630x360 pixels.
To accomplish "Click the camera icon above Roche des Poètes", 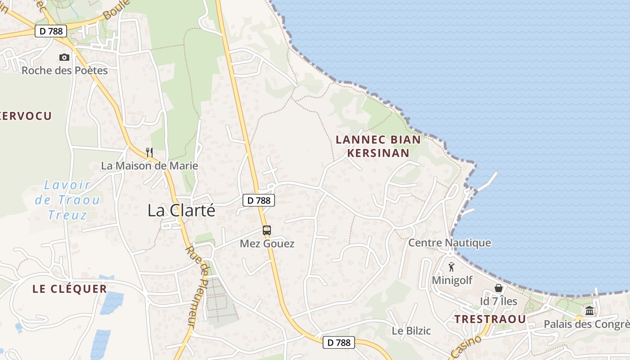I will click(x=64, y=58).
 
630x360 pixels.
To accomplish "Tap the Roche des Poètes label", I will click(x=65, y=71).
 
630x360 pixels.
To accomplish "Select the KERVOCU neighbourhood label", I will click(x=26, y=116).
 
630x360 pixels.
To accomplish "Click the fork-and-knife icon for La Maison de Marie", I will click(x=149, y=153).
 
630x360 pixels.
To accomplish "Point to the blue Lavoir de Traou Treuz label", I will click(x=67, y=200).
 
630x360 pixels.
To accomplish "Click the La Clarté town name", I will click(x=181, y=211).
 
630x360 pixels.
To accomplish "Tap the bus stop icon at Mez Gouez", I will click(x=267, y=230).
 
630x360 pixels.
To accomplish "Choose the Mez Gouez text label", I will click(x=267, y=244).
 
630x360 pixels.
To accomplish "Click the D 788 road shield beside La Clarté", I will click(x=259, y=200).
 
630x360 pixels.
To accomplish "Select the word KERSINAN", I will click(x=378, y=153).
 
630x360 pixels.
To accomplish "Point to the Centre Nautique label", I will click(x=450, y=243).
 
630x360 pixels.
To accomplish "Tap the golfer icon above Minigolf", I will click(x=451, y=267).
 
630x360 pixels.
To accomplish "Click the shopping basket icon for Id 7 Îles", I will click(x=499, y=288).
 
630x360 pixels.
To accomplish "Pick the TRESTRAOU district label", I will click(x=490, y=319).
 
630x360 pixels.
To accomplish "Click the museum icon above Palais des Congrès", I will click(x=589, y=311).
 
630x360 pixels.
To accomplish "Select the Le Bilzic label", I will click(x=411, y=331).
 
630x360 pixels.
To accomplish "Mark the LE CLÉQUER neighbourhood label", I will click(x=70, y=289).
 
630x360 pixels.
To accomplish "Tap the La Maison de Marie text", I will click(x=149, y=166).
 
